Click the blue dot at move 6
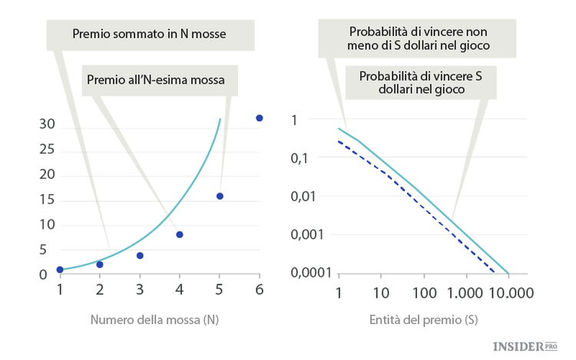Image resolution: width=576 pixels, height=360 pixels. (259, 118)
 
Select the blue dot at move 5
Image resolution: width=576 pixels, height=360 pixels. (220, 197)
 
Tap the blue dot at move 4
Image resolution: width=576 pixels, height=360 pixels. (180, 234)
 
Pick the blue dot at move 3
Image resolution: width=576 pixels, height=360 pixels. (140, 256)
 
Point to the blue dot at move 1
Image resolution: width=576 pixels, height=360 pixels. (60, 269)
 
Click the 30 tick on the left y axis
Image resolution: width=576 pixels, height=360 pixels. (47, 124)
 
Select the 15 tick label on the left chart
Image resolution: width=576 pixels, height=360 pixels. (47, 200)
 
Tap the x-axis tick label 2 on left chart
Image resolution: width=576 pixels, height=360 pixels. (100, 290)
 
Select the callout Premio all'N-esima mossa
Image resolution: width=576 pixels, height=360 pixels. (161, 78)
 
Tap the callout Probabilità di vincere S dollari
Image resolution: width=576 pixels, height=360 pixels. (419, 83)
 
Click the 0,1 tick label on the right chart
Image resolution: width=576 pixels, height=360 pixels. (318, 158)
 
